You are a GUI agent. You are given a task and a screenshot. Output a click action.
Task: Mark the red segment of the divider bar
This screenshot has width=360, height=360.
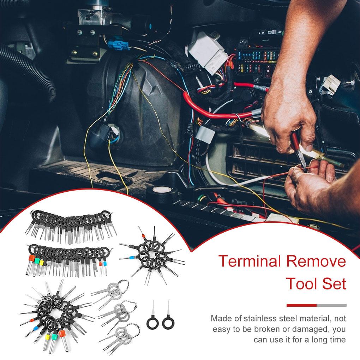click(301, 305)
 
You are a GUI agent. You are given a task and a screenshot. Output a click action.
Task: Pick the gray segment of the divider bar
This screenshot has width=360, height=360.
click(331, 305)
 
